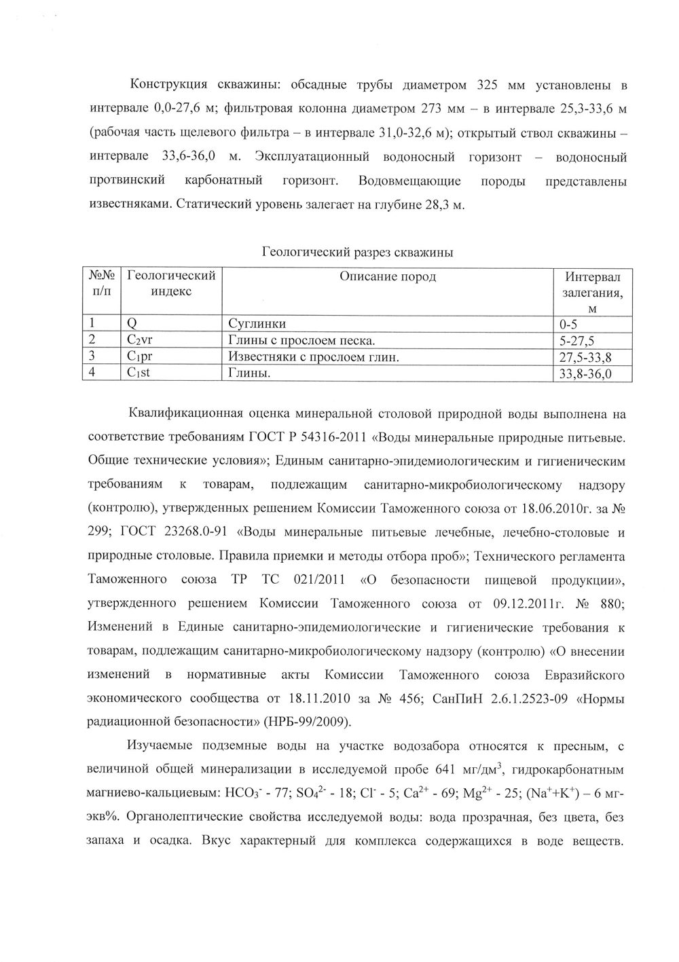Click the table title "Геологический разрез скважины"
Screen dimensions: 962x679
(x=357, y=253)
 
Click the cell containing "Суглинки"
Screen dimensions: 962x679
(x=257, y=324)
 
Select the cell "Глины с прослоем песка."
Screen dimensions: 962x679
(x=301, y=340)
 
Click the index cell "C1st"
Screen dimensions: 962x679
(x=139, y=372)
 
